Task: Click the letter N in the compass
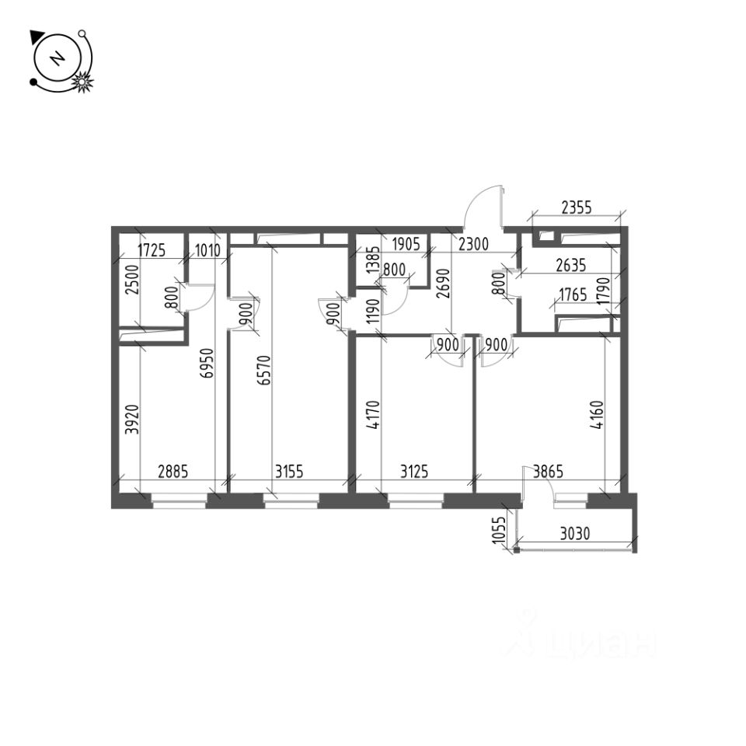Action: coord(56,59)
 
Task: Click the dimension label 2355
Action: coord(576,207)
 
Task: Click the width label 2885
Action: coord(173,471)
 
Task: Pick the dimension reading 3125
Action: coord(417,471)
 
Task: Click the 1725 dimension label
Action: coord(153,250)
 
